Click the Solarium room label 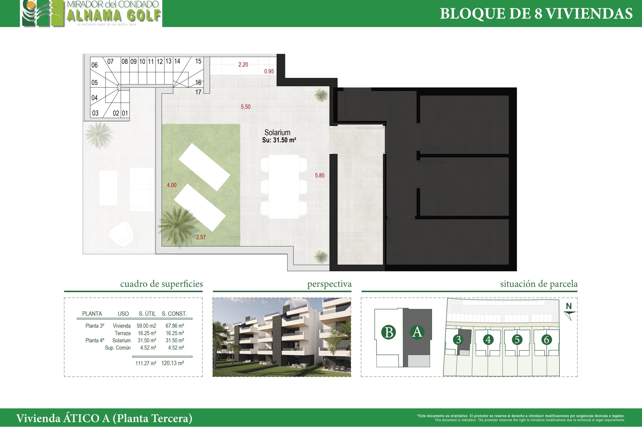[277, 132]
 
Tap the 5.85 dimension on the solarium [320, 175]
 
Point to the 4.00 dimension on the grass [172, 185]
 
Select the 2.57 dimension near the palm [201, 237]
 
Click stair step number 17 [198, 92]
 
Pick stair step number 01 [125, 113]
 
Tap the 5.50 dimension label [245, 107]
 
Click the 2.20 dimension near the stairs [243, 65]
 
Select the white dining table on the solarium [284, 187]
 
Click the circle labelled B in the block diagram [389, 332]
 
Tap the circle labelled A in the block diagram [417, 332]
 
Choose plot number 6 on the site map [546, 340]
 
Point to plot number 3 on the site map [458, 340]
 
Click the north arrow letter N [569, 306]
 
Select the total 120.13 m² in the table [173, 363]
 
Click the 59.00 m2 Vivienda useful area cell [146, 326]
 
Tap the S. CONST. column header [174, 314]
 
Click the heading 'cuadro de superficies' [162, 284]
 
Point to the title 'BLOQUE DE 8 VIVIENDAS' [536, 14]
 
